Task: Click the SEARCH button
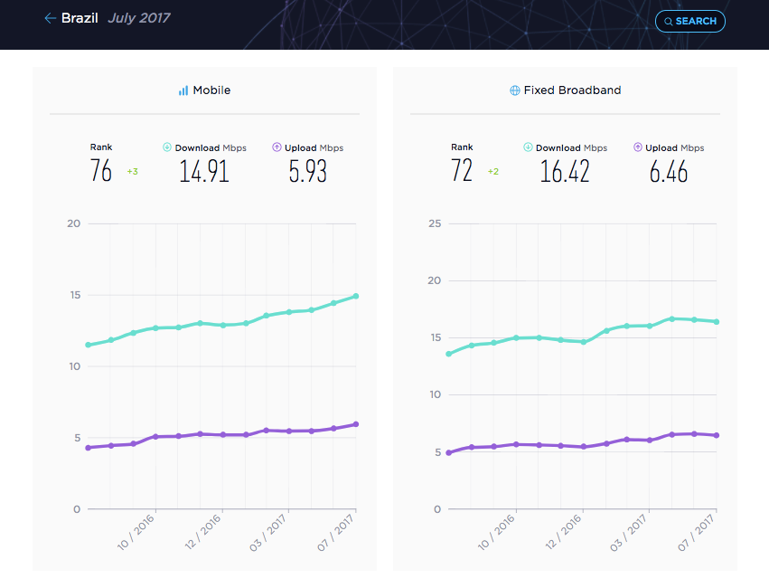[690, 21]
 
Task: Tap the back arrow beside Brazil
[50, 18]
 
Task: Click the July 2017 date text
[139, 18]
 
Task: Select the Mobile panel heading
[204, 90]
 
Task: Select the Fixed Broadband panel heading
[566, 90]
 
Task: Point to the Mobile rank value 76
[101, 170]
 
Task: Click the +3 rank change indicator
[133, 171]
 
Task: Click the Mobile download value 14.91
[204, 171]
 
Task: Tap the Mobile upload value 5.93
[307, 171]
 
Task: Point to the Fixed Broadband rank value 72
[462, 170]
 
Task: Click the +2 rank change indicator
[493, 171]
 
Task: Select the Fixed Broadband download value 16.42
[565, 171]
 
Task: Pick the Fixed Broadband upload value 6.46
[669, 171]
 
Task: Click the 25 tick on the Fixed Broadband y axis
[435, 223]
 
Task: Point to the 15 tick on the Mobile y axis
[75, 295]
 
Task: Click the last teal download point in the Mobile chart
[356, 296]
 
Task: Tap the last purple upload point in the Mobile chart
[356, 424]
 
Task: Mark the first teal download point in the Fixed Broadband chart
[449, 354]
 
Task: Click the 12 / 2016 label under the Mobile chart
[203, 532]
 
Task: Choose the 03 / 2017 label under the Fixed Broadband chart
[629, 533]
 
